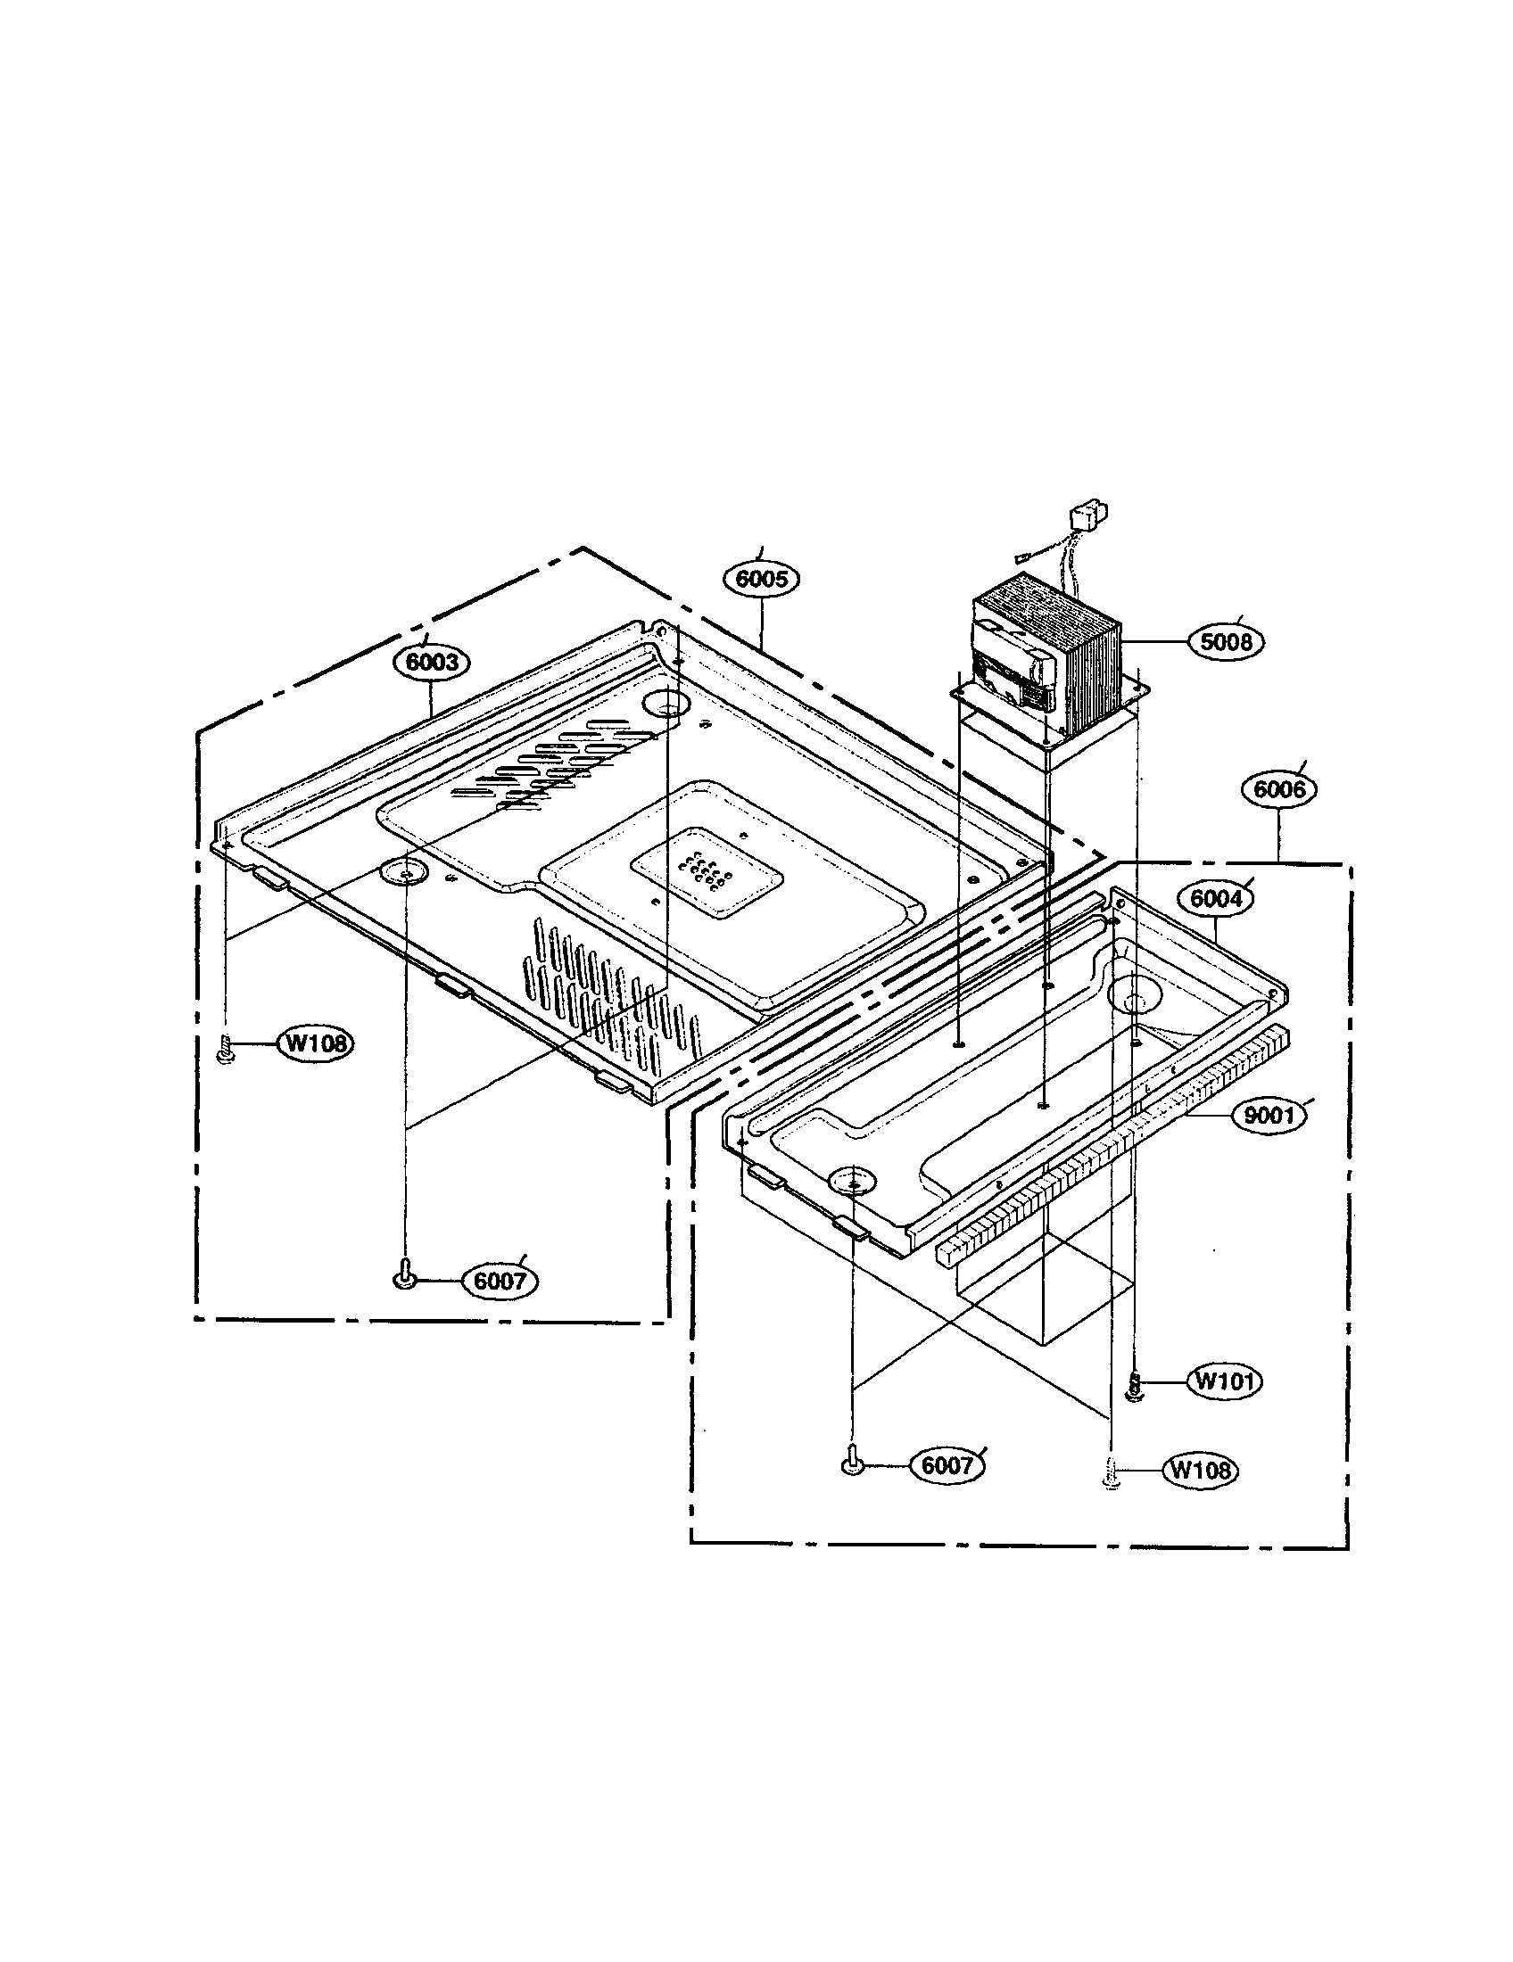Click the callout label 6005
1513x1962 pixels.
761,579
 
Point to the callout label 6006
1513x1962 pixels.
1278,788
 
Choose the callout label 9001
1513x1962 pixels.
1268,1116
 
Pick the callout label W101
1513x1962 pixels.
1225,1381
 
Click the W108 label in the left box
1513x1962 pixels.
317,1044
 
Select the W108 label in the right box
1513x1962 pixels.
1200,1470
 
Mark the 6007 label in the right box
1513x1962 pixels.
947,1465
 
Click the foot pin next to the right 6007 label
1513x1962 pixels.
851,1462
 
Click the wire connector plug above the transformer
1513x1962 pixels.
1086,520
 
